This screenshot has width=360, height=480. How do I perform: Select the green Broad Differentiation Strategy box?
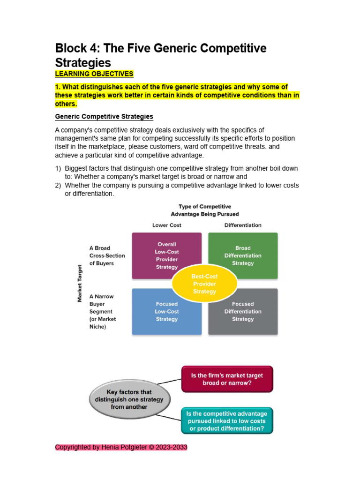pos(243,255)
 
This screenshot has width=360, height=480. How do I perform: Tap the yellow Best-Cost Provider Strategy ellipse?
pos(204,284)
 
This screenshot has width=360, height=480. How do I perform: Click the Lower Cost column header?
pos(166,225)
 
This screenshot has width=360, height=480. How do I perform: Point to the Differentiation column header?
pos(243,225)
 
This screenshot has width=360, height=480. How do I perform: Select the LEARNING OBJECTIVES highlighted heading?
pos(94,74)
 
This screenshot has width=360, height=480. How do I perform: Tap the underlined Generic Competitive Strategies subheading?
pos(104,116)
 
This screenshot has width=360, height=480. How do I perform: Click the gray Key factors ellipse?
pos(129,399)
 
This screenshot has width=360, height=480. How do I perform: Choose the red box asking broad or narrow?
pos(227,379)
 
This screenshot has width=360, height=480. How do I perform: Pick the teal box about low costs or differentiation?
pos(227,421)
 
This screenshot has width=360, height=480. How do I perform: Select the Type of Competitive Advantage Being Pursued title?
pos(205,210)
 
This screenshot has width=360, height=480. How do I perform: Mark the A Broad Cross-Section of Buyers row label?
pos(107,255)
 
